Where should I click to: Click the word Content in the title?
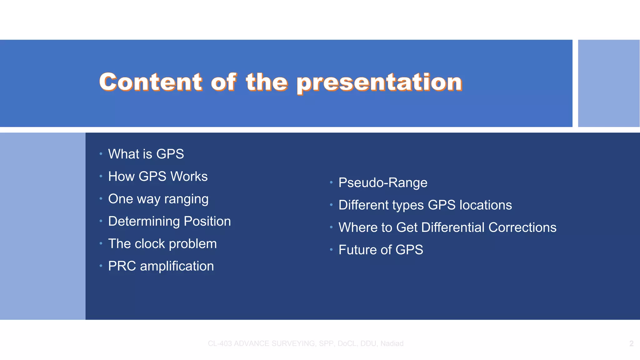click(x=151, y=82)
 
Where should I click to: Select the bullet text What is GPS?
click(x=146, y=154)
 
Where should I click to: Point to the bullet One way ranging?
click(x=158, y=199)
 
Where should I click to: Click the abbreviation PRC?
click(x=122, y=266)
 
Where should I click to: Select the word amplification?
click(x=177, y=266)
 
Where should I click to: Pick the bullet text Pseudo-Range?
click(x=383, y=183)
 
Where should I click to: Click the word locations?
click(x=486, y=205)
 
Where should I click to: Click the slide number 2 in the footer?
click(x=631, y=344)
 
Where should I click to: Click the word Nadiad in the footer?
click(x=392, y=344)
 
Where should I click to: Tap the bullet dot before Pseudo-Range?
click(x=331, y=182)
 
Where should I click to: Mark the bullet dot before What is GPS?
click(x=101, y=154)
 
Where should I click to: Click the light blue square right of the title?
click(x=608, y=83)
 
